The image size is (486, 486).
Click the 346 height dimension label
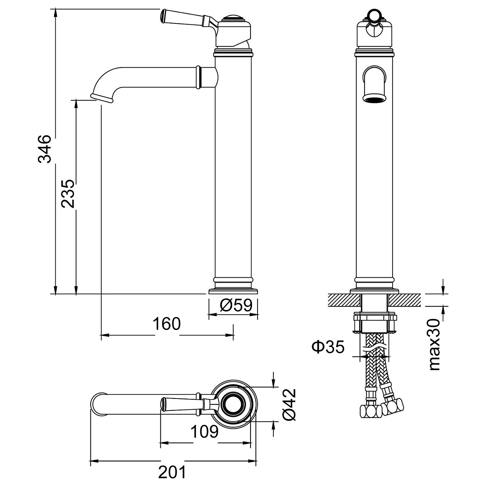(45, 149)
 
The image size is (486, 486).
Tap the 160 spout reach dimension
(167, 324)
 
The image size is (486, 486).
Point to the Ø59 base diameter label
(236, 306)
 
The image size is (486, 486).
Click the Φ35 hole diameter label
(328, 347)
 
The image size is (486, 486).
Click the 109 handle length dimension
(204, 432)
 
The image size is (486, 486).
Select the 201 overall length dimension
(172, 473)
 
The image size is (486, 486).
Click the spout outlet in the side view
(102, 98)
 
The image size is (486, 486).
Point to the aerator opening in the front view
(374, 99)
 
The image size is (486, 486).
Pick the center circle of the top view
(234, 403)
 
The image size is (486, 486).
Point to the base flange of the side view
(234, 291)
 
